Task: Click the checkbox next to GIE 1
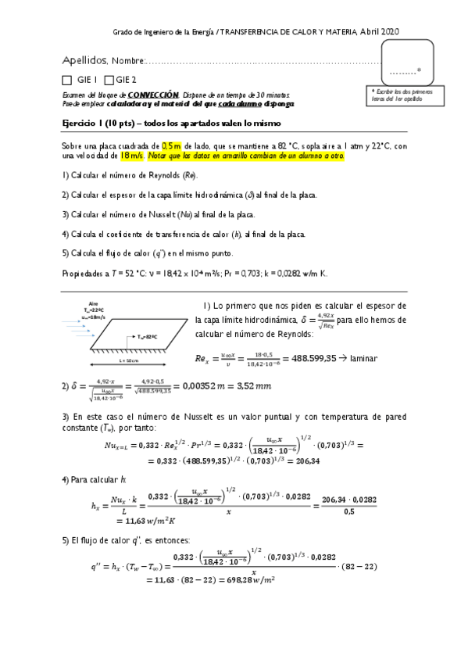(66, 80)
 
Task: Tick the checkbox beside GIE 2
(109, 80)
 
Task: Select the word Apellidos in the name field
(84, 60)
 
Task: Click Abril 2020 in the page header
(380, 30)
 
